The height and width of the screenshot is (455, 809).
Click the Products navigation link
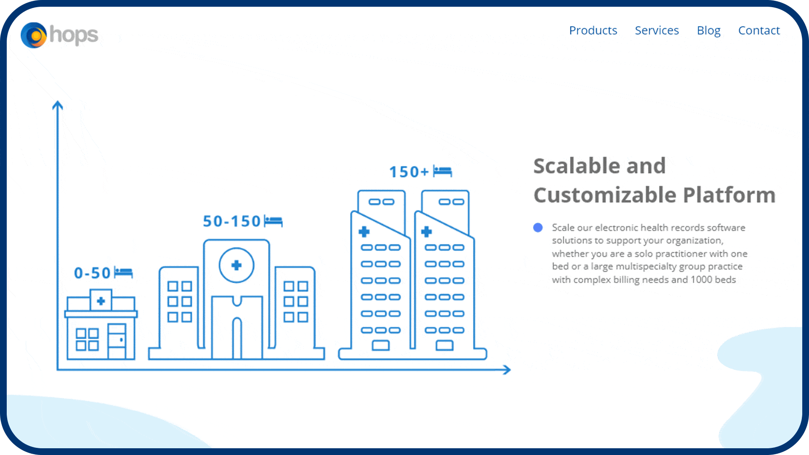pyautogui.click(x=593, y=30)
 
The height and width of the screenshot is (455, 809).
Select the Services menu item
pyautogui.click(x=657, y=30)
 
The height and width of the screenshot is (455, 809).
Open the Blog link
pyautogui.click(x=709, y=31)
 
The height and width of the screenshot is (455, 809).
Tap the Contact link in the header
pyautogui.click(x=759, y=30)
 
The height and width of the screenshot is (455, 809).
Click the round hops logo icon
pyautogui.click(x=34, y=35)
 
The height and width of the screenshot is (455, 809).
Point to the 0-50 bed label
pyautogui.click(x=92, y=273)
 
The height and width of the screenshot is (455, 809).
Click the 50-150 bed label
pyautogui.click(x=232, y=221)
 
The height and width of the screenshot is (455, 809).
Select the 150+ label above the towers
pyautogui.click(x=409, y=172)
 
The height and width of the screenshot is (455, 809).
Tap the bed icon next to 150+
pyautogui.click(x=442, y=171)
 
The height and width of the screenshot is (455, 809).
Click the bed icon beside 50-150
pyautogui.click(x=273, y=221)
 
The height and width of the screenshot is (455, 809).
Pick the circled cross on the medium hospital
pyautogui.click(x=236, y=265)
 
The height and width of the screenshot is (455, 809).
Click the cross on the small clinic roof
pyautogui.click(x=101, y=301)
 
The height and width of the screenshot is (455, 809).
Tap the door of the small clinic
pyautogui.click(x=117, y=341)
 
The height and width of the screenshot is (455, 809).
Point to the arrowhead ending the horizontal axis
pyautogui.click(x=507, y=370)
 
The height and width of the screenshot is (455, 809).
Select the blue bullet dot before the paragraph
pyautogui.click(x=538, y=227)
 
